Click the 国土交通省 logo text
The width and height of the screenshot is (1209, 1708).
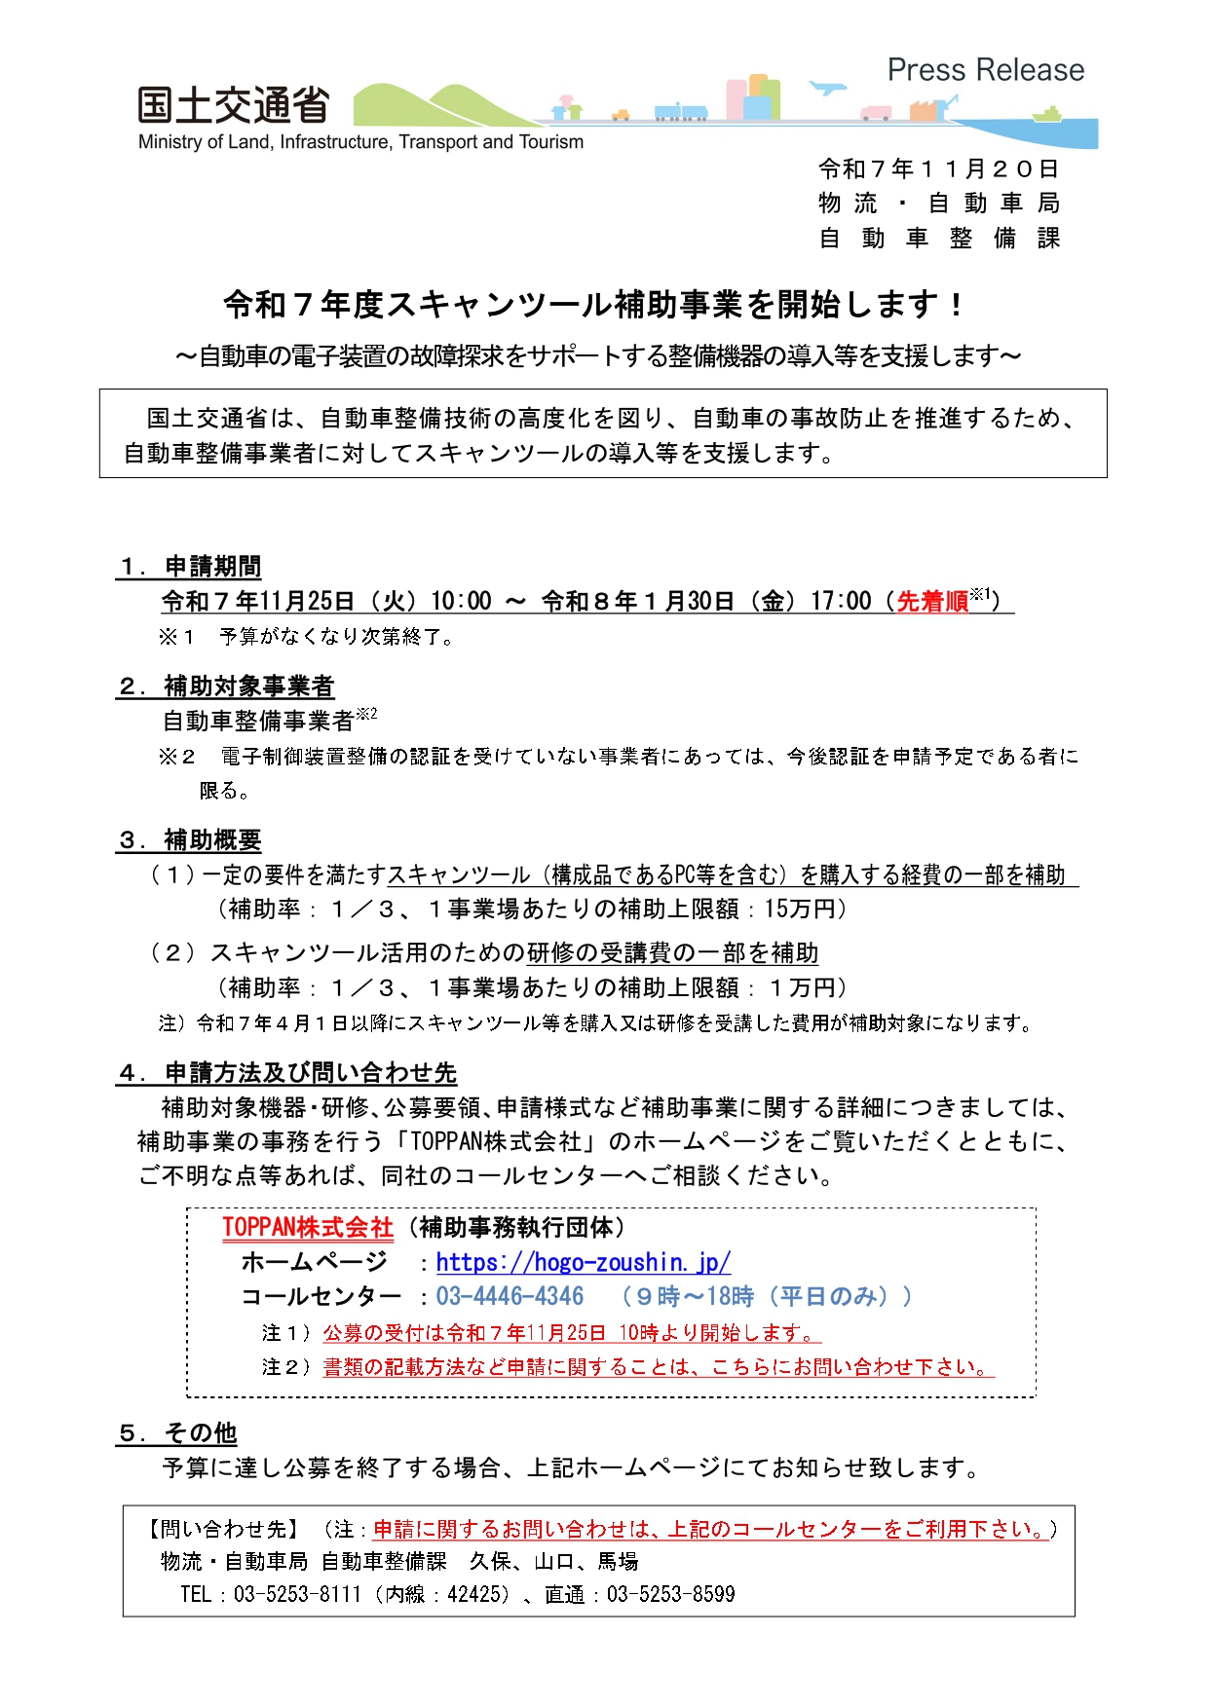(233, 106)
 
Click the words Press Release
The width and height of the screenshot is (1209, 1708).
(985, 70)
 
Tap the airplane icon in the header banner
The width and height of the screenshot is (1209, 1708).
(827, 88)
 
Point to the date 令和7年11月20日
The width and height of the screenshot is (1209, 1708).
(938, 169)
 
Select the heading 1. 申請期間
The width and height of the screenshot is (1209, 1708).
(190, 567)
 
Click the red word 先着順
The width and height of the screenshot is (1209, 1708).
(931, 602)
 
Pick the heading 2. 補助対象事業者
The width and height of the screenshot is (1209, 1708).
(225, 687)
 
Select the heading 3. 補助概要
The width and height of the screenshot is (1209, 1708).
(190, 839)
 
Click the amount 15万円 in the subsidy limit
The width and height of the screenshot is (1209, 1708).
(800, 910)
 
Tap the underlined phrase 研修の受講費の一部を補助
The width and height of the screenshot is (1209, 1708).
(672, 952)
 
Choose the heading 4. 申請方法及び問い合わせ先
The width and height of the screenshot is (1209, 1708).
(287, 1073)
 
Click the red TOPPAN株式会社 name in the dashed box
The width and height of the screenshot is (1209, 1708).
(308, 1228)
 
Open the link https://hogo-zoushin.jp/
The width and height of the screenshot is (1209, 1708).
(583, 1263)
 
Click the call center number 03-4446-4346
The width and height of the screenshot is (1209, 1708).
(510, 1297)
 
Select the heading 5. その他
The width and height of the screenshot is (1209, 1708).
(177, 1433)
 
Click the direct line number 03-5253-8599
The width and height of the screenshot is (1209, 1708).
(670, 1594)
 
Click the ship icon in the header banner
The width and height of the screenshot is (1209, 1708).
(1046, 115)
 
